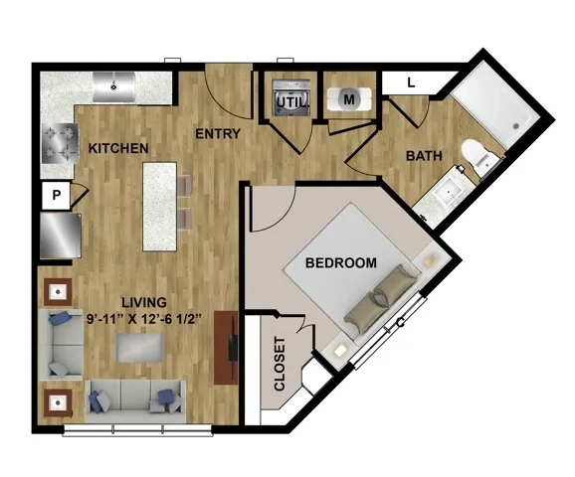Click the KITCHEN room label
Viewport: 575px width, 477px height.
tap(118, 148)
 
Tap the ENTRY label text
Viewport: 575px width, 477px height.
tap(218, 134)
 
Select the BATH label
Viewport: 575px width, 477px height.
tap(424, 156)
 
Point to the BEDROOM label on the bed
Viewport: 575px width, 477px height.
tap(341, 263)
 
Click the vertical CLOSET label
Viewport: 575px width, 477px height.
tap(280, 364)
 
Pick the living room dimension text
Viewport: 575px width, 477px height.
tap(144, 319)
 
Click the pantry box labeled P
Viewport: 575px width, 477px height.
tap(56, 195)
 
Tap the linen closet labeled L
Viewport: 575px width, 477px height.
tap(412, 83)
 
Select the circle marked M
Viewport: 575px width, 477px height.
tap(349, 99)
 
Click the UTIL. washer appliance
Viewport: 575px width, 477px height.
tap(291, 98)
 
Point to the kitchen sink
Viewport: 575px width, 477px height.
tap(113, 86)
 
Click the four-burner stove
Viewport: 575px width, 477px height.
tap(60, 143)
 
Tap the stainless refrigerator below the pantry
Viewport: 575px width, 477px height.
tap(60, 236)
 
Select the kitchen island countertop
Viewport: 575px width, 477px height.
tap(160, 207)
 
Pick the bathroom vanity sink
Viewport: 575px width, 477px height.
tap(448, 192)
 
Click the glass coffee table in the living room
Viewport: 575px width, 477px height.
tap(139, 348)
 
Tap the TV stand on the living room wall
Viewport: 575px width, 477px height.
tap(226, 348)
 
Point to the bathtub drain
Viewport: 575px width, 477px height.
tap(516, 126)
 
